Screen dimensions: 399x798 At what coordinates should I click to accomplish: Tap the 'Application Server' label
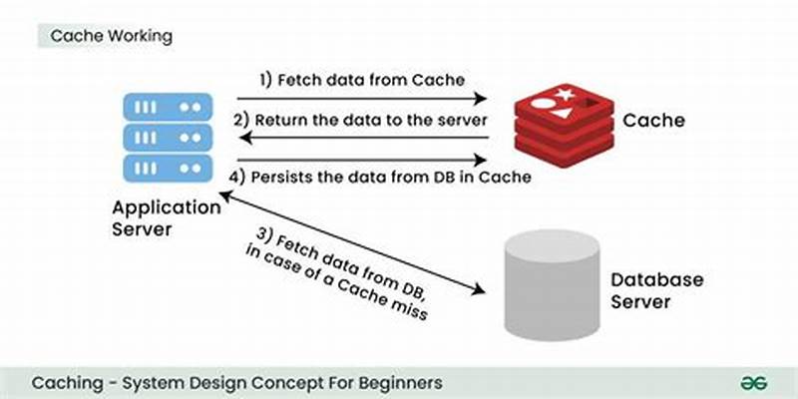(x=167, y=218)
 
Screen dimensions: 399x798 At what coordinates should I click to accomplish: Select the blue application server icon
(x=167, y=136)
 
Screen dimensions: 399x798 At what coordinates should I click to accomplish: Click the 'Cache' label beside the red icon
(x=653, y=121)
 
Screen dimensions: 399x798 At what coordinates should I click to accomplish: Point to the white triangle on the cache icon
(x=565, y=116)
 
